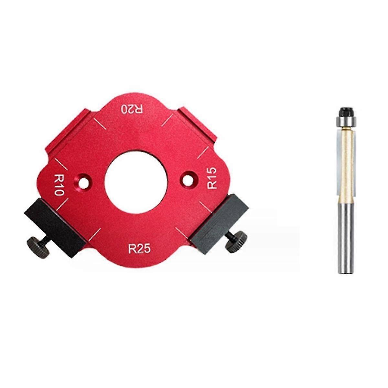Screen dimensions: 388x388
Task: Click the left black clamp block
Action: point(55,226)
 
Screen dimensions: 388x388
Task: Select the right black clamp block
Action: point(220,223)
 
